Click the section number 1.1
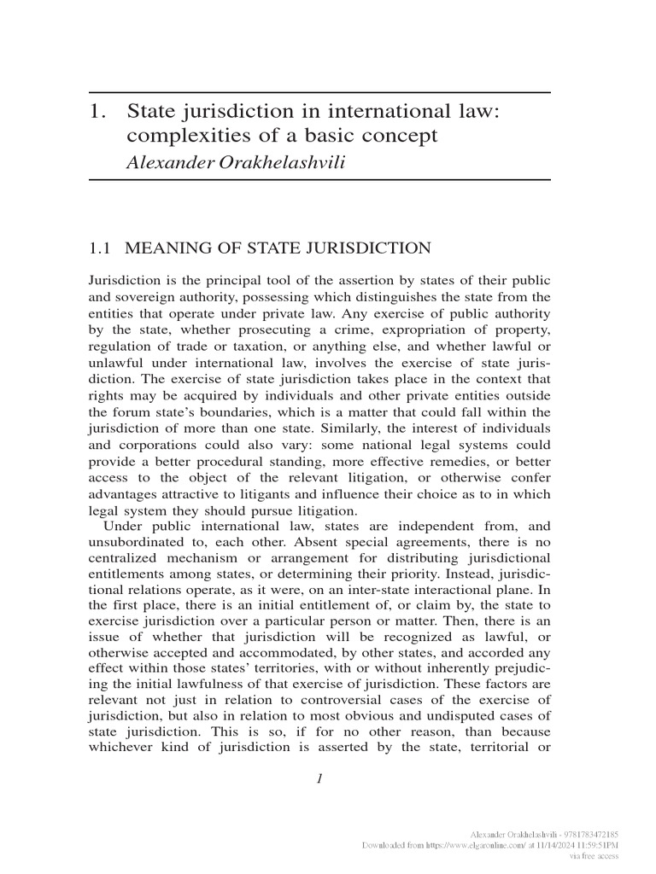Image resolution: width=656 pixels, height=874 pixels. click(101, 248)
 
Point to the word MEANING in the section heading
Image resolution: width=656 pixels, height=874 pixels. click(162, 248)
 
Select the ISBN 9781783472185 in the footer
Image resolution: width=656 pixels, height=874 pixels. click(589, 834)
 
